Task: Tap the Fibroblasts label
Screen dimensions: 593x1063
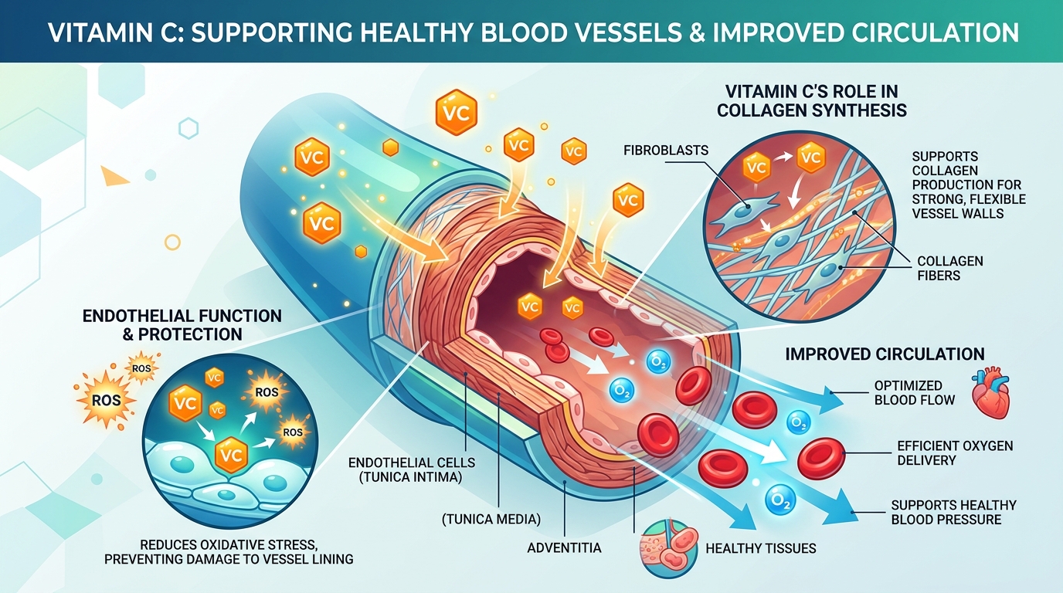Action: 664,151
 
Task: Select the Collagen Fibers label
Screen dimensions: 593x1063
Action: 949,268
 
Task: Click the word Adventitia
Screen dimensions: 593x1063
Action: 564,547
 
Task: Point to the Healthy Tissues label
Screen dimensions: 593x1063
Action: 760,549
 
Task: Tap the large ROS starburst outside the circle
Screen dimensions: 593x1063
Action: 107,400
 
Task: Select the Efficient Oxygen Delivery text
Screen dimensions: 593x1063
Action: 955,453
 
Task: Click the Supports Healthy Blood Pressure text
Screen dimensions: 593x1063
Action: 953,512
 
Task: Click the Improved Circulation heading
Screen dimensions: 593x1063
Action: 885,354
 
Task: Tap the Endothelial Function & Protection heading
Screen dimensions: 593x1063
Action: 182,325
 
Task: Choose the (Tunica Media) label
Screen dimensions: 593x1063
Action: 491,519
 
